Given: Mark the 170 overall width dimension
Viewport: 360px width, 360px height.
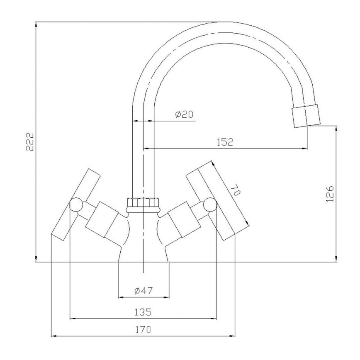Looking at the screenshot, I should [x=143, y=330].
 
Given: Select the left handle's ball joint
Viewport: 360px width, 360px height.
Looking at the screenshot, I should [x=75, y=204].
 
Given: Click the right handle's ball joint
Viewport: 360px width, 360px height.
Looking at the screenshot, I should [x=209, y=204].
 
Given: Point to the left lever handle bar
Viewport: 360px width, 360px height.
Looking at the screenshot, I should [x=76, y=204].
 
